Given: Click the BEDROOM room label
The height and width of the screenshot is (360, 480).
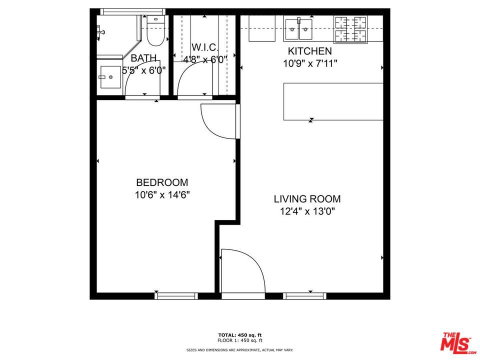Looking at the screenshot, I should [162, 182].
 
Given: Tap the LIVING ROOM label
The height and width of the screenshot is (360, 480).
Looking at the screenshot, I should [307, 199].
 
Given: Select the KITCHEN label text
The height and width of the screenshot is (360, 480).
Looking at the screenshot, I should [309, 51].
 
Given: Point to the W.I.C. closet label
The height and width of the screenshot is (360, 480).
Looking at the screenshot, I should [205, 47].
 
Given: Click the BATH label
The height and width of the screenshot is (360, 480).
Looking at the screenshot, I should [143, 58].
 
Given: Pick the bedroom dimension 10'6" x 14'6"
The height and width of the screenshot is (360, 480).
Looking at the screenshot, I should [162, 195].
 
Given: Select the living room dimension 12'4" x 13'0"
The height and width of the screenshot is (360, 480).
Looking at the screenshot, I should [307, 211].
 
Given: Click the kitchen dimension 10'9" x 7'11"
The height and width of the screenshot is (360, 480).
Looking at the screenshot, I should [309, 63].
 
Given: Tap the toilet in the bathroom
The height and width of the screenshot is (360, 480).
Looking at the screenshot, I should [155, 30].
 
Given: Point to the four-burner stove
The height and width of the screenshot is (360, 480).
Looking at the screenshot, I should [350, 29].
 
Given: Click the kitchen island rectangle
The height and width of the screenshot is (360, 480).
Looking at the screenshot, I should [333, 101].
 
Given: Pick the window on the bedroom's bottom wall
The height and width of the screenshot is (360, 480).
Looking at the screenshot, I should [176, 296].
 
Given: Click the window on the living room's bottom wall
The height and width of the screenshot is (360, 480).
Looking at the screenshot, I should [304, 296].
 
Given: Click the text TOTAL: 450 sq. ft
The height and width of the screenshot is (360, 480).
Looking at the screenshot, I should [240, 335].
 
